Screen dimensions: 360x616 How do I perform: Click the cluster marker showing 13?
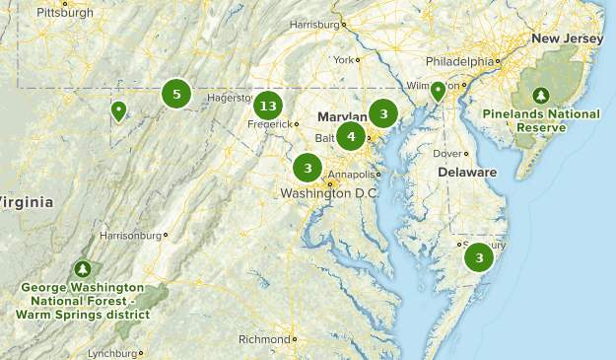[x=267, y=107]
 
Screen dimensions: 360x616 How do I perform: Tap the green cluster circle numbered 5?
[x=176, y=95]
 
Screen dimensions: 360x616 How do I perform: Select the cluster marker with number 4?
[x=351, y=136]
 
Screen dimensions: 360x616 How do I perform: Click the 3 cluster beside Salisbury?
[x=479, y=258]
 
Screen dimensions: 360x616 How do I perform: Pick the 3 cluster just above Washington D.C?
[x=308, y=167]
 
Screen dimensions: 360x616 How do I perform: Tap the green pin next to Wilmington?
[x=438, y=92]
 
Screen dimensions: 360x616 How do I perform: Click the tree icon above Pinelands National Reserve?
[x=540, y=96]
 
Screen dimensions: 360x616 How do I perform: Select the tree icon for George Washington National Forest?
[x=83, y=268]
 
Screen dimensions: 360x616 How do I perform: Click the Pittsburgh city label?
[x=64, y=13]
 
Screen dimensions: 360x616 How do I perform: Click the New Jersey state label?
[x=567, y=38]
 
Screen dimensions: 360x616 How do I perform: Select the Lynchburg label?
[x=112, y=353]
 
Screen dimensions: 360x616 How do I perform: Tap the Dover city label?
[x=448, y=153]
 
